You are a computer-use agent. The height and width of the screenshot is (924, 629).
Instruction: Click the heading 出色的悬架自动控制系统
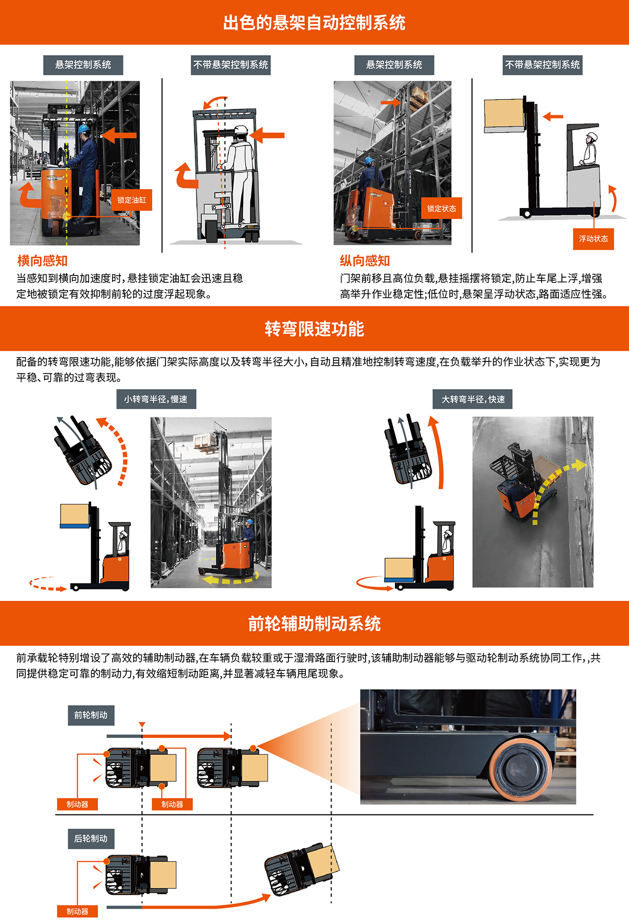(314, 23)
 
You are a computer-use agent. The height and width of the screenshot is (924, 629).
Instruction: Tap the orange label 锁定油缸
(131, 200)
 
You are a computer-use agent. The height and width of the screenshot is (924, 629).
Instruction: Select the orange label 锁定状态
(442, 208)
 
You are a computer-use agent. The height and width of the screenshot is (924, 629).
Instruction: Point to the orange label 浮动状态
(593, 239)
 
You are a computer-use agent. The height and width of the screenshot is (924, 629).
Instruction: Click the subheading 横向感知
(42, 261)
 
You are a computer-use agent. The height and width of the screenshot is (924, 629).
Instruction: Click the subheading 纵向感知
(365, 261)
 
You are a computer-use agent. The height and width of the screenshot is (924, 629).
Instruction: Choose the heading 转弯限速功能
(314, 329)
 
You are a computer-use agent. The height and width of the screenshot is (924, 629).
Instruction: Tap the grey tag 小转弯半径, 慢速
(156, 399)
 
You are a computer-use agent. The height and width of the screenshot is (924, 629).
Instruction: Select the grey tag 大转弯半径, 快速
(473, 399)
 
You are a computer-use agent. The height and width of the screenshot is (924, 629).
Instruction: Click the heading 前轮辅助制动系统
(314, 624)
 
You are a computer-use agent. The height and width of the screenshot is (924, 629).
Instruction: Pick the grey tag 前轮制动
(91, 715)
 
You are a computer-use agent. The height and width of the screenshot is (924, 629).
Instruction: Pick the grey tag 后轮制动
(91, 839)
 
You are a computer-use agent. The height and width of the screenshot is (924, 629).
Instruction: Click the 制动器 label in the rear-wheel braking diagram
(78, 911)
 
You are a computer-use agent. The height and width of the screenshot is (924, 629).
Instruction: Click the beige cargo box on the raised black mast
(504, 114)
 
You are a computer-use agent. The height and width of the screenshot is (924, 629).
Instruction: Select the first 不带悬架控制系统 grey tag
(231, 65)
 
